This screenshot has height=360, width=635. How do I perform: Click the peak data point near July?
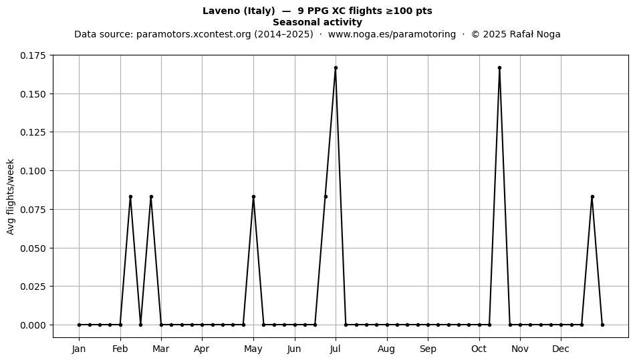(336, 68)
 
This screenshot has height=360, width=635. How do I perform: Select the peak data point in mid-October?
(500, 68)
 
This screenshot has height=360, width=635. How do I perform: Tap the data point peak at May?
(253, 196)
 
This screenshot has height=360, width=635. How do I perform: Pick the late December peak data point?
(592, 196)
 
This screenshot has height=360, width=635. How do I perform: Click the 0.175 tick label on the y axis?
(33, 55)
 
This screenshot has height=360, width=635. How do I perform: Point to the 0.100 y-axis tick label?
(33, 171)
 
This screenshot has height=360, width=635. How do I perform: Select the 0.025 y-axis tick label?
(33, 287)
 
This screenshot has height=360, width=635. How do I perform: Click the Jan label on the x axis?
(79, 349)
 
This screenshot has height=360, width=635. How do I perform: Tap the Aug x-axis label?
(386, 349)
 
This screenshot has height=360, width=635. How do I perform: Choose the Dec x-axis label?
(561, 349)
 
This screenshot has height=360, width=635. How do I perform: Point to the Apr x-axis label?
(202, 349)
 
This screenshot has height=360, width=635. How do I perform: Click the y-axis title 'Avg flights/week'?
(11, 196)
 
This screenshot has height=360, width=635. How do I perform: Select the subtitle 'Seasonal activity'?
(317, 22)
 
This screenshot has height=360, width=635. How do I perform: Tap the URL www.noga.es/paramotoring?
(392, 34)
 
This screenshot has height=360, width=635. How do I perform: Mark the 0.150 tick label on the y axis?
(33, 94)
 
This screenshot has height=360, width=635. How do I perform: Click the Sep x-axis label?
(428, 349)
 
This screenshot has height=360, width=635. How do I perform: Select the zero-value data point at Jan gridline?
(79, 325)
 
